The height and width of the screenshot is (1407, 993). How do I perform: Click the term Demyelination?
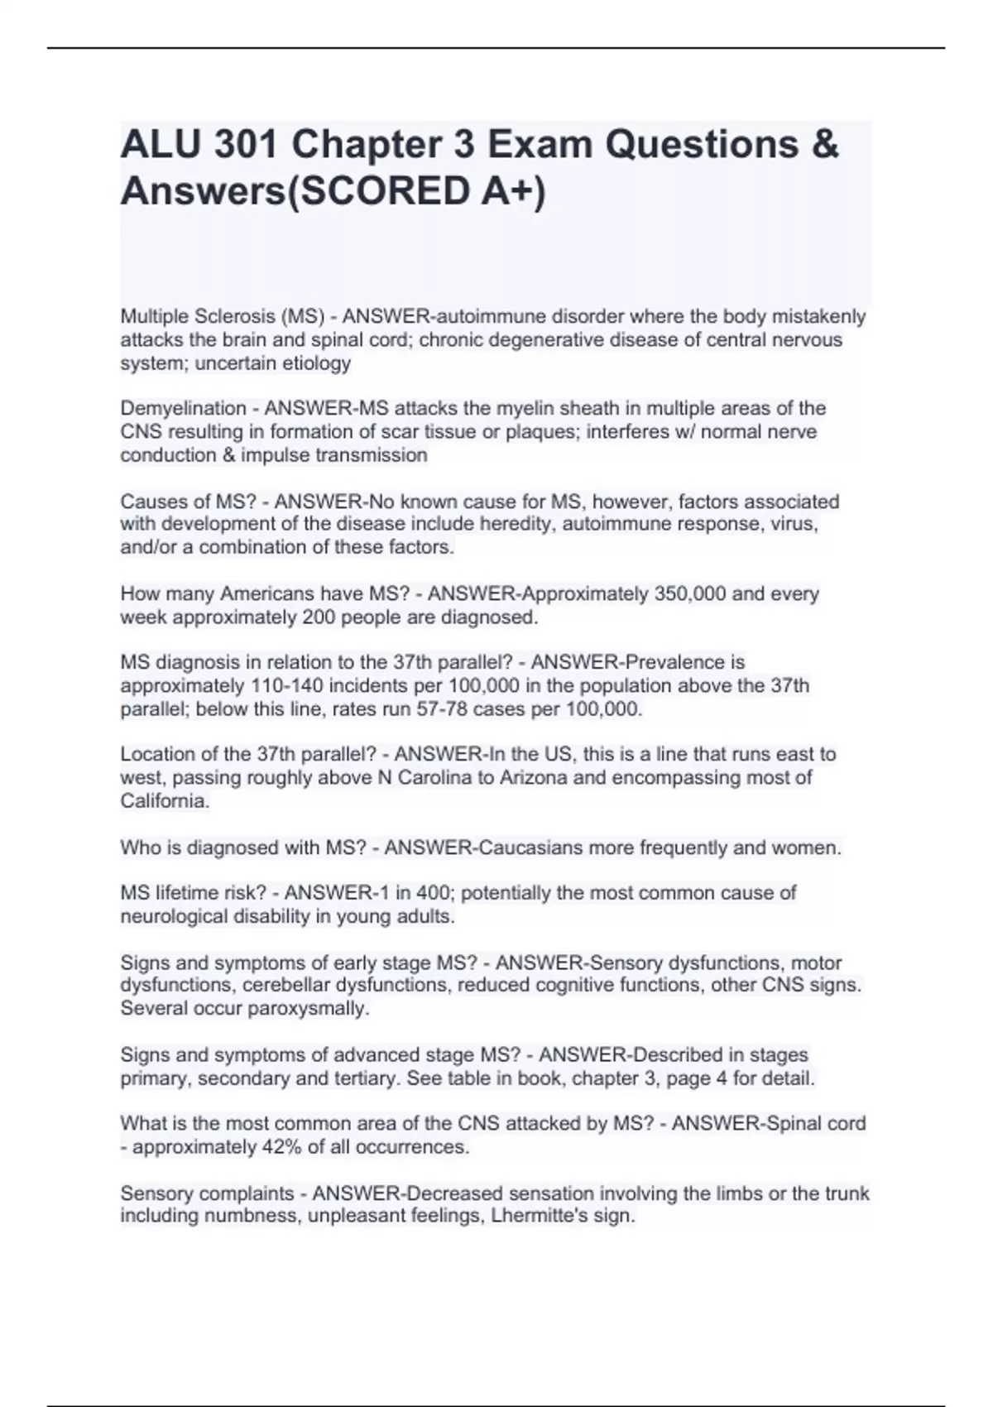coord(183,409)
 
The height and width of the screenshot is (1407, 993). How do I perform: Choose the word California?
coord(165,801)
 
